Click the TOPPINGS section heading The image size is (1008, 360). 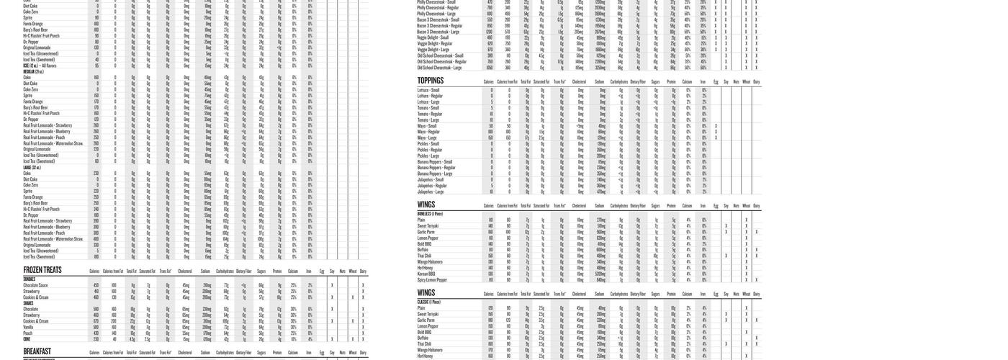coord(431,81)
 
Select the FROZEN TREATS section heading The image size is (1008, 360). coord(42,271)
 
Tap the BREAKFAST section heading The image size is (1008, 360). coord(37,352)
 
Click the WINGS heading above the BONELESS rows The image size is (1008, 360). coord(426,205)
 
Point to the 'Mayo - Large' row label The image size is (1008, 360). coord(429,138)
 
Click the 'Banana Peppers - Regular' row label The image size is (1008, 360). coord(435,168)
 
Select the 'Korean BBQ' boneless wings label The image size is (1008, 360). coord(426,274)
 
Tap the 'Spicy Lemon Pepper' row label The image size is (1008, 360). coord(432,280)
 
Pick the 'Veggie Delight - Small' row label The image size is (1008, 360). coord(433,37)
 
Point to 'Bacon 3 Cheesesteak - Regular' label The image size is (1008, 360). coord(438,25)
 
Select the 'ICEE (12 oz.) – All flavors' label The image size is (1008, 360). coord(40,66)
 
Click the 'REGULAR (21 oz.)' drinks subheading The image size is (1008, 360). coord(34,72)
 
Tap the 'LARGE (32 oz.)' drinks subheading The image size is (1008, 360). coord(32,168)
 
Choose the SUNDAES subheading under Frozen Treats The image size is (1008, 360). coord(30,279)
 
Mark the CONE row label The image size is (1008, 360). coord(27,339)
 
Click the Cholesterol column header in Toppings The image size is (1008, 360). coord(579,83)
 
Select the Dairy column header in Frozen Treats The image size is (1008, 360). coord(363,271)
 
